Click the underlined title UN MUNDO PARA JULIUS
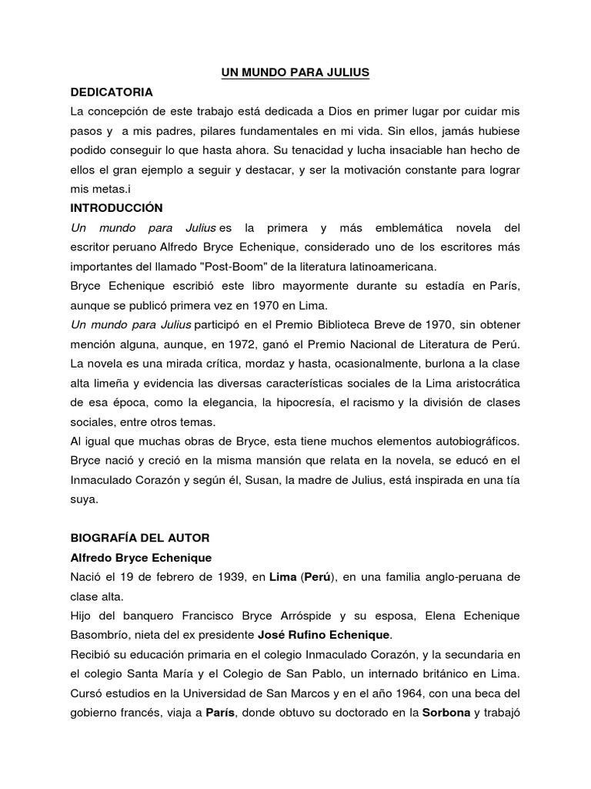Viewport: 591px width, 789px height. [x=295, y=72]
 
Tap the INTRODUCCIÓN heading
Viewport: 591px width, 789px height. [x=116, y=208]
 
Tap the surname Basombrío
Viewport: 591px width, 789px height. [x=103, y=633]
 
